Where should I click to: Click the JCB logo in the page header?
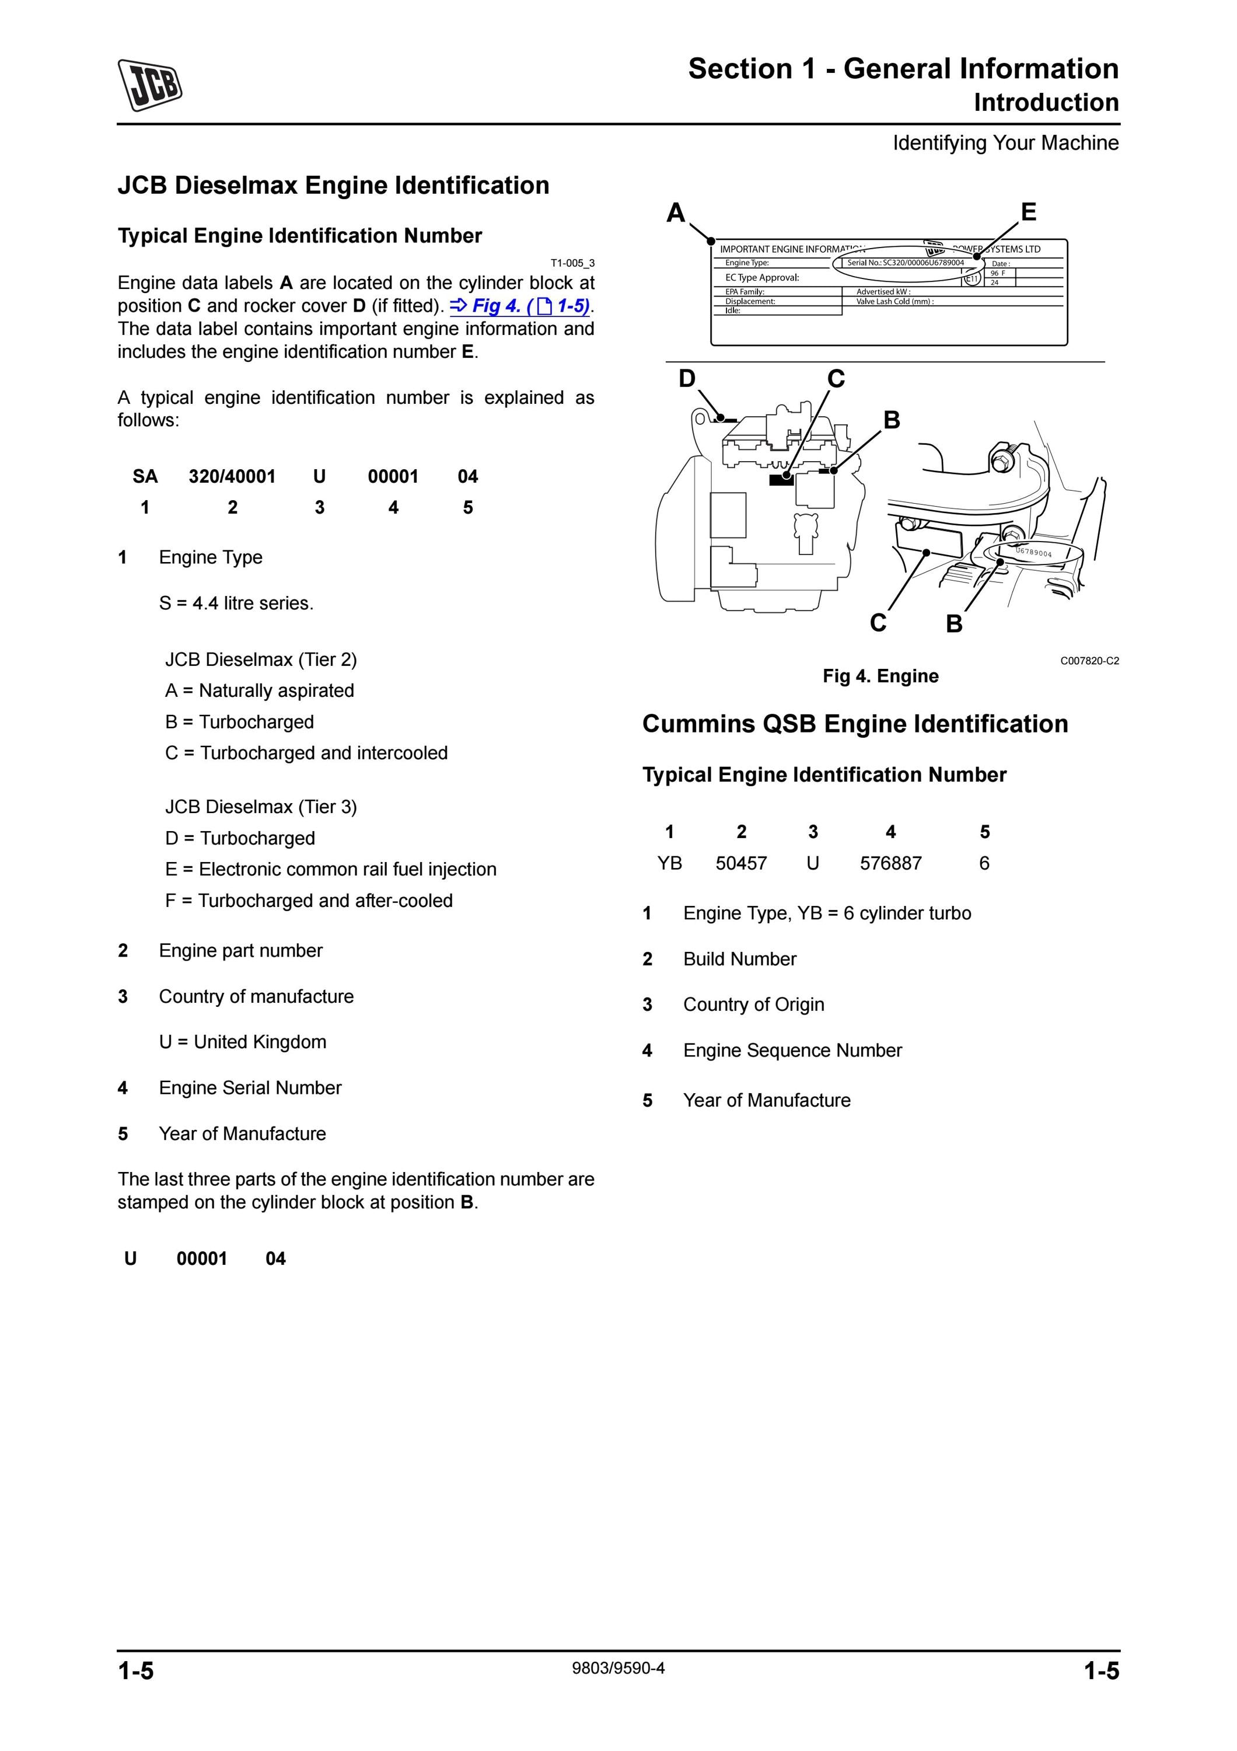(x=150, y=85)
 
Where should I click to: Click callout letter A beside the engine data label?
(x=675, y=213)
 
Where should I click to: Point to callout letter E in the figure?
(x=1028, y=211)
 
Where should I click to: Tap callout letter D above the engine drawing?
(x=687, y=378)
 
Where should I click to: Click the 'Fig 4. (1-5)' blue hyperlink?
(x=520, y=306)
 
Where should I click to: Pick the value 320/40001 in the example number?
(x=232, y=477)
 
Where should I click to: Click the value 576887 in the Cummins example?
(x=890, y=863)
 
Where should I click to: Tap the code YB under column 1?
(x=669, y=863)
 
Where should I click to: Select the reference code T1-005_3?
(x=572, y=263)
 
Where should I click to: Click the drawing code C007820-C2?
(x=1089, y=661)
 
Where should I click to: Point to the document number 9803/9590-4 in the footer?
(x=618, y=1668)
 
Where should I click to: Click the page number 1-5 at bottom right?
(x=1102, y=1671)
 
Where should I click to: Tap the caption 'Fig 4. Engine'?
(x=880, y=676)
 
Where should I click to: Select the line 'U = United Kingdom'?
(x=242, y=1042)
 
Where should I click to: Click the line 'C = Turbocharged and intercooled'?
(x=306, y=753)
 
